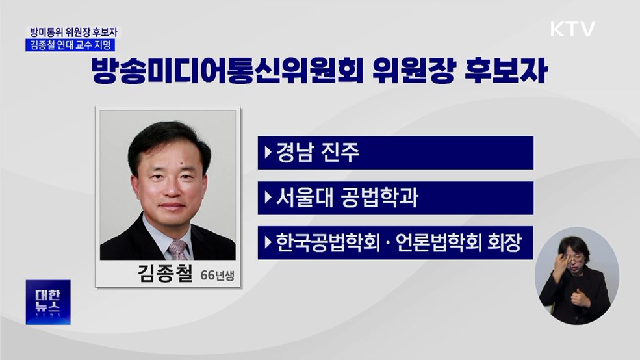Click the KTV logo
pos(572,29)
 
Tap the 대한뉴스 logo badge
pos(48,302)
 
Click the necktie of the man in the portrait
pos(177,250)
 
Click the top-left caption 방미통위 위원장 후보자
pos(73,32)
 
